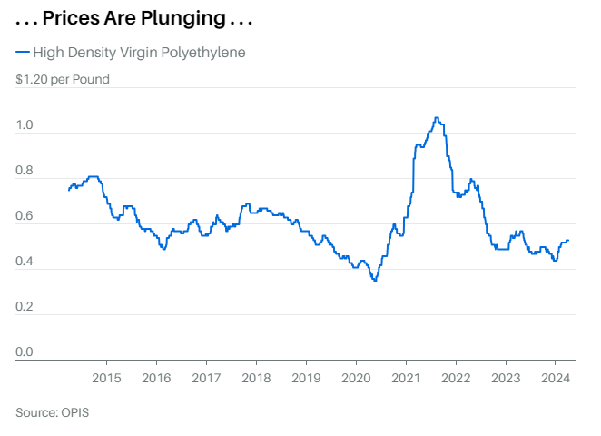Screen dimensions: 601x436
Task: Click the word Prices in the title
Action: point(71,18)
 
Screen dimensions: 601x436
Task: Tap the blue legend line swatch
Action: point(23,52)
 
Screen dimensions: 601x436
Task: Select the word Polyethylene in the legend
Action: point(203,53)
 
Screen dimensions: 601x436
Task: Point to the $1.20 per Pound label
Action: point(63,79)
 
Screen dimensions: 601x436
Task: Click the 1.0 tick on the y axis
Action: point(25,125)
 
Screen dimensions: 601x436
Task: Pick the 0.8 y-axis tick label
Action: point(25,170)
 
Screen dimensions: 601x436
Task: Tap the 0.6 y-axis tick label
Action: point(25,216)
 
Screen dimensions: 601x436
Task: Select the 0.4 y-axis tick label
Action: point(25,261)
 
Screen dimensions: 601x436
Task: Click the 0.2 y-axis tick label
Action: point(25,307)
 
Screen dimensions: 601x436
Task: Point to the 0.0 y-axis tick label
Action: point(25,352)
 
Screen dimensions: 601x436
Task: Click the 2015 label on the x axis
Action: point(106,378)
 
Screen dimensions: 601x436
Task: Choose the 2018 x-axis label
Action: point(256,378)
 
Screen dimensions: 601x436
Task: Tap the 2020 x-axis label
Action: point(356,378)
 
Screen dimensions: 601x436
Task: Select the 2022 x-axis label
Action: point(456,378)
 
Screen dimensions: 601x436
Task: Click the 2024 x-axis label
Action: point(556,378)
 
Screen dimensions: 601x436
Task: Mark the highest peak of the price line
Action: point(437,118)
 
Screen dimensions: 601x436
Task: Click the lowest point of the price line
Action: point(375,281)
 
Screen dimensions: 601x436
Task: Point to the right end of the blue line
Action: point(568,241)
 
